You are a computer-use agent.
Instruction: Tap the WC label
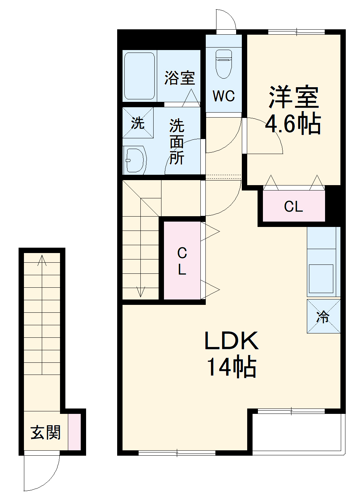point(224,96)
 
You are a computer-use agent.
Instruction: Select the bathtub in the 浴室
point(139,76)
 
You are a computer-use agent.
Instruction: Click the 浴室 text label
point(180,78)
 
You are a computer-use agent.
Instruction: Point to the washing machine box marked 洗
point(138,123)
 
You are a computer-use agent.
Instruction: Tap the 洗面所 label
point(177,142)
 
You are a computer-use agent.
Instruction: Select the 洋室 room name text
point(294,97)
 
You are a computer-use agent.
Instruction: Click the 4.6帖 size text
point(293,124)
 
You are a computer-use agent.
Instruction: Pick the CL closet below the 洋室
point(294,206)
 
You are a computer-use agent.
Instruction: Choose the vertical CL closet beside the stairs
point(182,261)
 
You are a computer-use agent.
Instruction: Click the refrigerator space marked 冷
point(323,317)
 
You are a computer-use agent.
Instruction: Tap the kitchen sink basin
point(321,279)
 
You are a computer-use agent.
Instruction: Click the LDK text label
point(231,341)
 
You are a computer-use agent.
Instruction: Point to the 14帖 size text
point(231,367)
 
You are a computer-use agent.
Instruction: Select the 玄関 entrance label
point(45,432)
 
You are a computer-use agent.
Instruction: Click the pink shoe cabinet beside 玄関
point(74,432)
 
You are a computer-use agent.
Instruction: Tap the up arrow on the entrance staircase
point(42,260)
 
